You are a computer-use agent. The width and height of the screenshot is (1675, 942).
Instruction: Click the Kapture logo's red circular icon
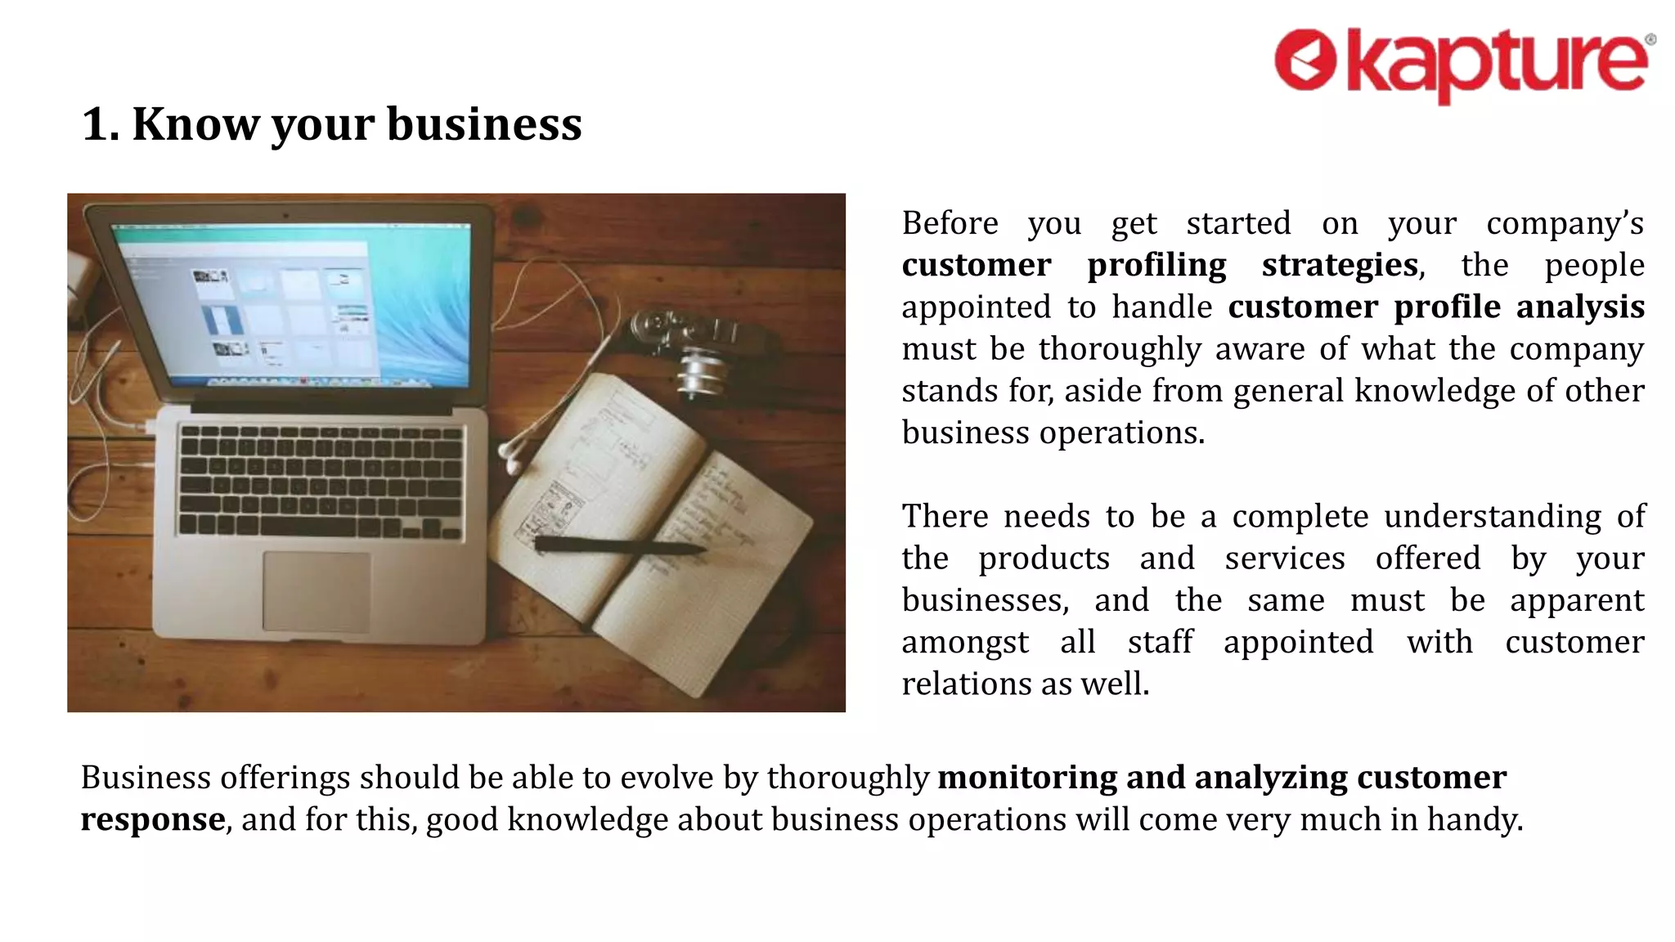1305,60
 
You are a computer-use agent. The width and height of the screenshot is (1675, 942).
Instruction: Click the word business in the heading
484,124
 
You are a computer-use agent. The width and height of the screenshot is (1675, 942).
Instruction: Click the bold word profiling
1156,265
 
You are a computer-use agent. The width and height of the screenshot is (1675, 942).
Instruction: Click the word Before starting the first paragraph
950,222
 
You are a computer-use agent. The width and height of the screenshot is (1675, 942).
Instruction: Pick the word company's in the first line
1565,222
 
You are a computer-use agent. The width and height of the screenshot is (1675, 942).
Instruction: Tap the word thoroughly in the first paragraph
1120,349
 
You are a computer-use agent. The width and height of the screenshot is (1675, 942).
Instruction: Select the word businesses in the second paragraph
985,600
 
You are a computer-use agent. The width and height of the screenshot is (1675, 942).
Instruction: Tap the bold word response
153,819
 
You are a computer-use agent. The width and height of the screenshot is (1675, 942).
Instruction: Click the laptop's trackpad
316,591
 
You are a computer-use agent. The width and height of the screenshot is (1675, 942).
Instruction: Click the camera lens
702,372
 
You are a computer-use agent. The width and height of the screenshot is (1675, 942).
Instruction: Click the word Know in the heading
194,124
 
